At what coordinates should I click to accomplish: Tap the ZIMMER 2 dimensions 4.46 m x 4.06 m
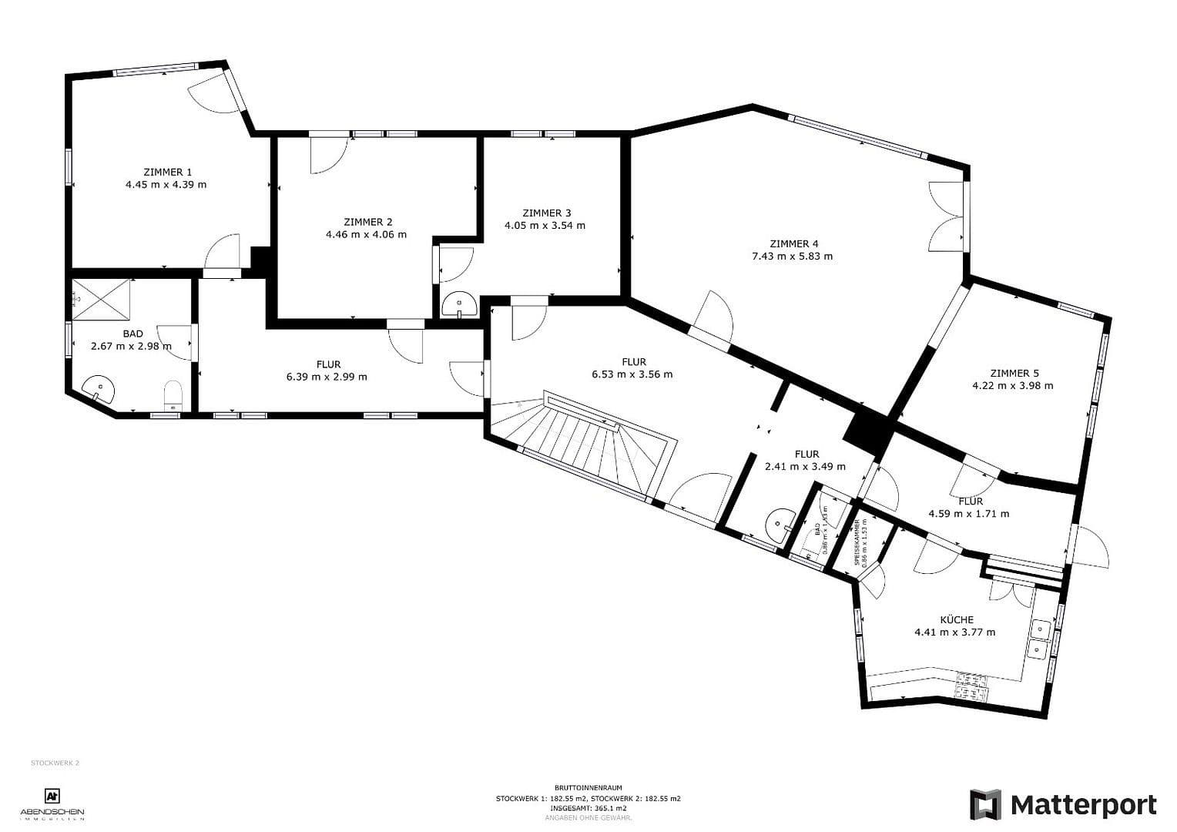pos(366,234)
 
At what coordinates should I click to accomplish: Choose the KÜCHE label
pos(956,619)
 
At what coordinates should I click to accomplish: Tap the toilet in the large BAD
pos(173,395)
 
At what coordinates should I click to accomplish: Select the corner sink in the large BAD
pos(99,390)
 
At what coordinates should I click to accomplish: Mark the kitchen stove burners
pos(970,686)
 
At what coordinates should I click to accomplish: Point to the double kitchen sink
pos(1040,639)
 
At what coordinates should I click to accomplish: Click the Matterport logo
pos(1063,805)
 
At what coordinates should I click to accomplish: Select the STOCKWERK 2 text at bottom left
pos(55,763)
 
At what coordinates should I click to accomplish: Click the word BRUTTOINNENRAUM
pos(588,788)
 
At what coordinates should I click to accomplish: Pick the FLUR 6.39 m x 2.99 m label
pos(327,371)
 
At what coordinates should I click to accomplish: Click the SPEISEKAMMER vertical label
pos(857,542)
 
